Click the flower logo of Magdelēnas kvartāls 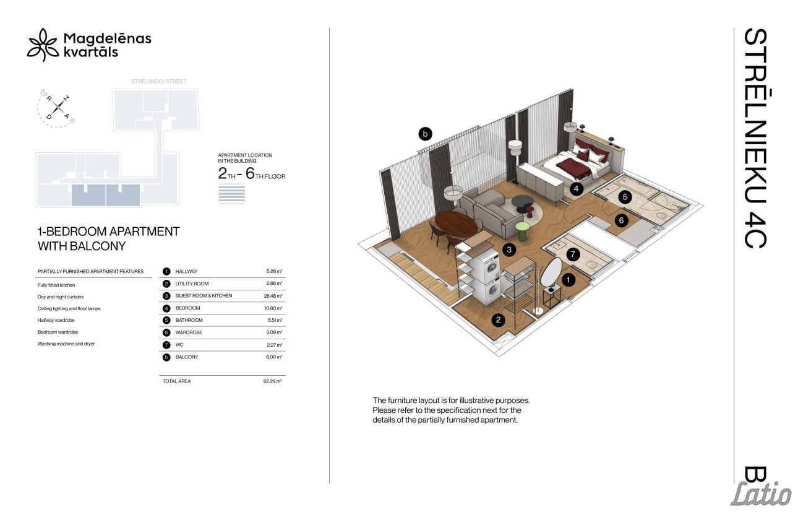point(43,45)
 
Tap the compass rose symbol point(58,107)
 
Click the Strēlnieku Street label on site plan point(159,81)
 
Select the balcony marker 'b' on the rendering point(425,134)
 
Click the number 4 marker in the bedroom point(576,189)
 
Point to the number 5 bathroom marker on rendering point(625,197)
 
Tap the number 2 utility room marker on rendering point(498,320)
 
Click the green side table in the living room point(523,231)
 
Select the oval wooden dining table point(456,223)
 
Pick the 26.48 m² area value point(273,296)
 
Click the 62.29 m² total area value point(273,381)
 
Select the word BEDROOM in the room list point(187,308)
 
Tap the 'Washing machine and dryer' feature point(66,344)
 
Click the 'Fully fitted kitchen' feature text point(56,285)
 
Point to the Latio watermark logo point(761,493)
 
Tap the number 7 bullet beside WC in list point(166,345)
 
